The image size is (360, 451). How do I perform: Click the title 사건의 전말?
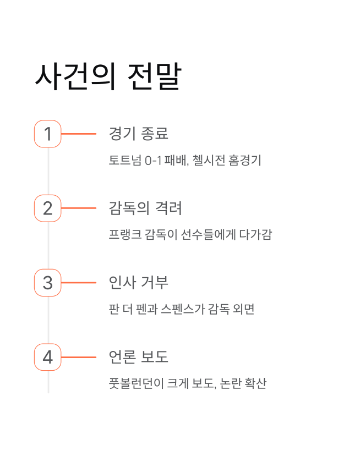click(x=108, y=76)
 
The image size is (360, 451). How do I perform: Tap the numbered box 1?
click(x=48, y=134)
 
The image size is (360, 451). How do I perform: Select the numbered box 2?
click(x=48, y=208)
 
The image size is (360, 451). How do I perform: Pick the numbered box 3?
click(x=48, y=283)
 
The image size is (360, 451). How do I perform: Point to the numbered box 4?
click(x=48, y=358)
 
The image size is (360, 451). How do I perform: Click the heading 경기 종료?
click(x=139, y=134)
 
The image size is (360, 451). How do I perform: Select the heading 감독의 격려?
click(x=145, y=208)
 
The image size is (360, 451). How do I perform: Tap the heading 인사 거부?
click(x=139, y=283)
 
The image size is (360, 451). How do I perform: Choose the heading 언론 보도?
click(x=139, y=358)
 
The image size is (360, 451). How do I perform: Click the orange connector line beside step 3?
click(x=79, y=283)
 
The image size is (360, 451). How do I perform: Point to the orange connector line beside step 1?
click(x=79, y=134)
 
